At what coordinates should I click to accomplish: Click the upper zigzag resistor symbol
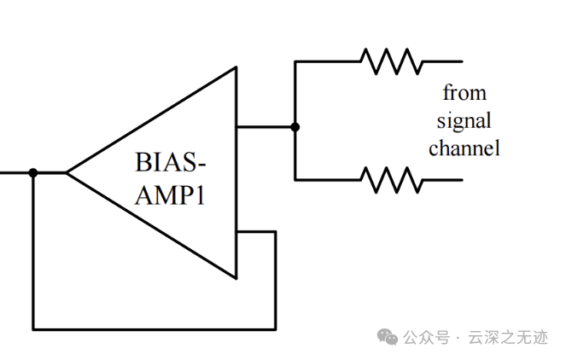pyautogui.click(x=391, y=61)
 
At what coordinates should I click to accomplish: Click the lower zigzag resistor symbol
pyautogui.click(x=391, y=179)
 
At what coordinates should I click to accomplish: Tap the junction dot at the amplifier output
pyautogui.click(x=295, y=127)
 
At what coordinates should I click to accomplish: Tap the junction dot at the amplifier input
pyautogui.click(x=33, y=172)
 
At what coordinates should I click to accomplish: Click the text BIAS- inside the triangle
pyautogui.click(x=171, y=161)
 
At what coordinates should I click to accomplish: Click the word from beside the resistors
pyautogui.click(x=464, y=92)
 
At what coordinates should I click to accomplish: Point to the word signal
pyautogui.click(x=464, y=120)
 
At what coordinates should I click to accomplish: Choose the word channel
pyautogui.click(x=464, y=148)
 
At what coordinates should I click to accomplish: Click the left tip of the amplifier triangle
pyautogui.click(x=67, y=172)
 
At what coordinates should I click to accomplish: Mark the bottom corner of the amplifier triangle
pyautogui.click(x=236, y=278)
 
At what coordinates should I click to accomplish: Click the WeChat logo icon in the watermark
pyautogui.click(x=388, y=337)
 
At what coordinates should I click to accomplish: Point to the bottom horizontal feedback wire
pyautogui.click(x=154, y=328)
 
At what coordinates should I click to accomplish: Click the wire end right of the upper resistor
pyautogui.click(x=462, y=61)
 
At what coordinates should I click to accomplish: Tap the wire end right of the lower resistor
pyautogui.click(x=462, y=179)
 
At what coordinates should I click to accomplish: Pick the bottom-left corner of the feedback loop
pyautogui.click(x=33, y=328)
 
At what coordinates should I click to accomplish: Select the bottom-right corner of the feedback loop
pyautogui.click(x=275, y=328)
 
